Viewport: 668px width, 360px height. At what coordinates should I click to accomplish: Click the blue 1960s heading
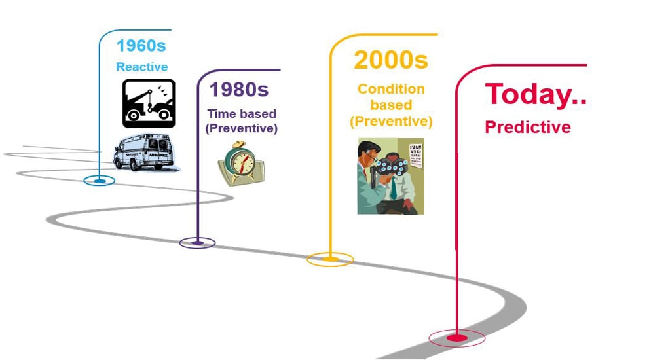point(141,46)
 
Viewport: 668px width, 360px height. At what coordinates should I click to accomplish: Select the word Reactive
point(142,67)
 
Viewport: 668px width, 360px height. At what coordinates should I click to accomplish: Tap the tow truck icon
point(149,103)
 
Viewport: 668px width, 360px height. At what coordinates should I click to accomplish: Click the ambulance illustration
point(145,153)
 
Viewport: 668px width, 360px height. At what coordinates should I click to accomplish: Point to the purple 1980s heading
point(239,90)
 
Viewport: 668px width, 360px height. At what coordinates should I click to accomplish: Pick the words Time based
point(242,114)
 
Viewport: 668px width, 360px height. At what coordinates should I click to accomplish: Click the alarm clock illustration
point(242,164)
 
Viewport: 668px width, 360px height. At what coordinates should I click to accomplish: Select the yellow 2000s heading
point(391,60)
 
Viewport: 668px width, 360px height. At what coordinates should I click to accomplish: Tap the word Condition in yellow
point(391,88)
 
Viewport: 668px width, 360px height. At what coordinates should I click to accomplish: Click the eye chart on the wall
point(416,156)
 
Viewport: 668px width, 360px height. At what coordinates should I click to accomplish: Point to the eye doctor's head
point(369,153)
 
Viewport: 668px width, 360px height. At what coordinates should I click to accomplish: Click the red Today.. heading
point(536,94)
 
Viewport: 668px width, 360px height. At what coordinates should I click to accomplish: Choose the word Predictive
point(528,127)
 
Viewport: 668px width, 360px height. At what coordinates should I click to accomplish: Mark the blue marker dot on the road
point(100,181)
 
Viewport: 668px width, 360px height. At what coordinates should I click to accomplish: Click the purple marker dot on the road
point(197,243)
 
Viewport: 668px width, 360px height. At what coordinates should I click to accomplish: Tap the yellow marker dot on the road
point(330,259)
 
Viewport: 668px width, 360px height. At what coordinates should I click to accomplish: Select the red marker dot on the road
point(456,338)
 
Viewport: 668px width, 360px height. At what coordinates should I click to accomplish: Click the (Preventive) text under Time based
point(242,128)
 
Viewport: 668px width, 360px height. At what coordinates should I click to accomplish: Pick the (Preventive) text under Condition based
point(391,122)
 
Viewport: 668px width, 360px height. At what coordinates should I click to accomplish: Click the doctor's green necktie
point(393,188)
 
